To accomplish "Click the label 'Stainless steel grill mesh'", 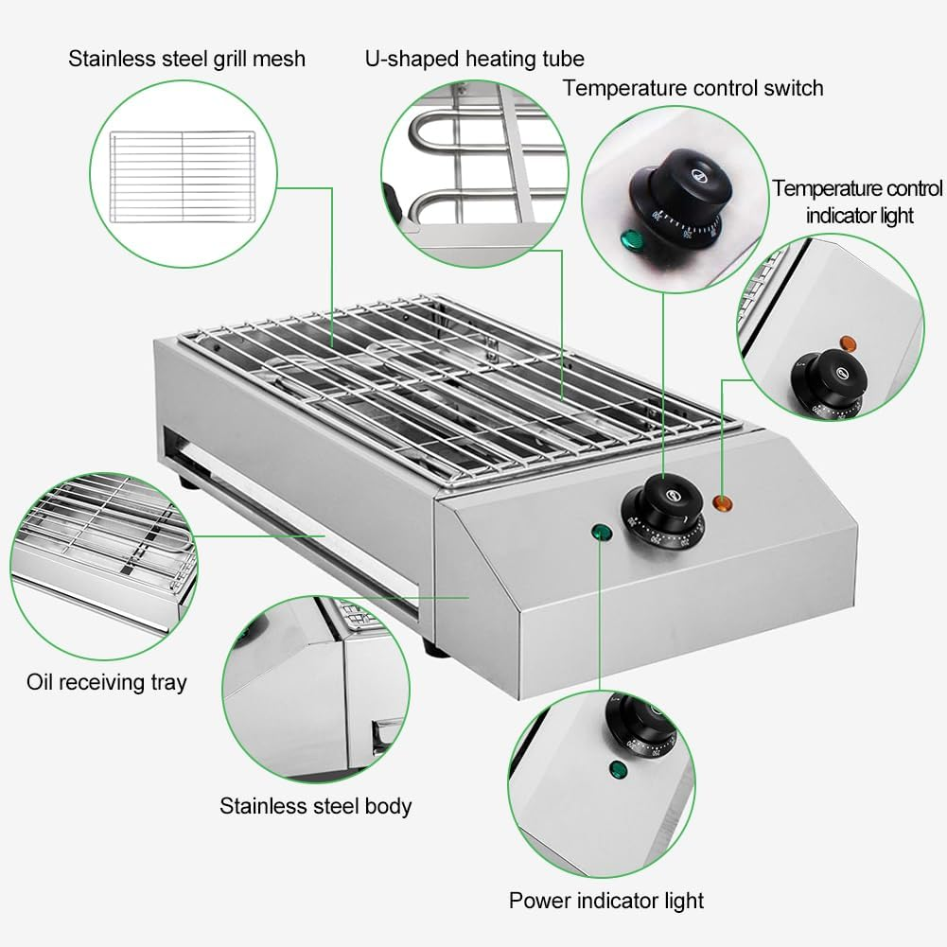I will coord(186,59).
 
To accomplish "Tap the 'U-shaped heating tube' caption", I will coord(475,59).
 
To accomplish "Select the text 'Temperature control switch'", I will coord(693,88).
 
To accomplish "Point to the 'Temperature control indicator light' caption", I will coord(858,202).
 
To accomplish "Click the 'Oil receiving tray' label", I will coord(107,681).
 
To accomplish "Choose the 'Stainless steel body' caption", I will coord(316,806).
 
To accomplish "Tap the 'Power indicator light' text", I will coord(606,900).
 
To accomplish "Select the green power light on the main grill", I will coord(599,533).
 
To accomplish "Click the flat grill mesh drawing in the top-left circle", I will coord(182,176).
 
